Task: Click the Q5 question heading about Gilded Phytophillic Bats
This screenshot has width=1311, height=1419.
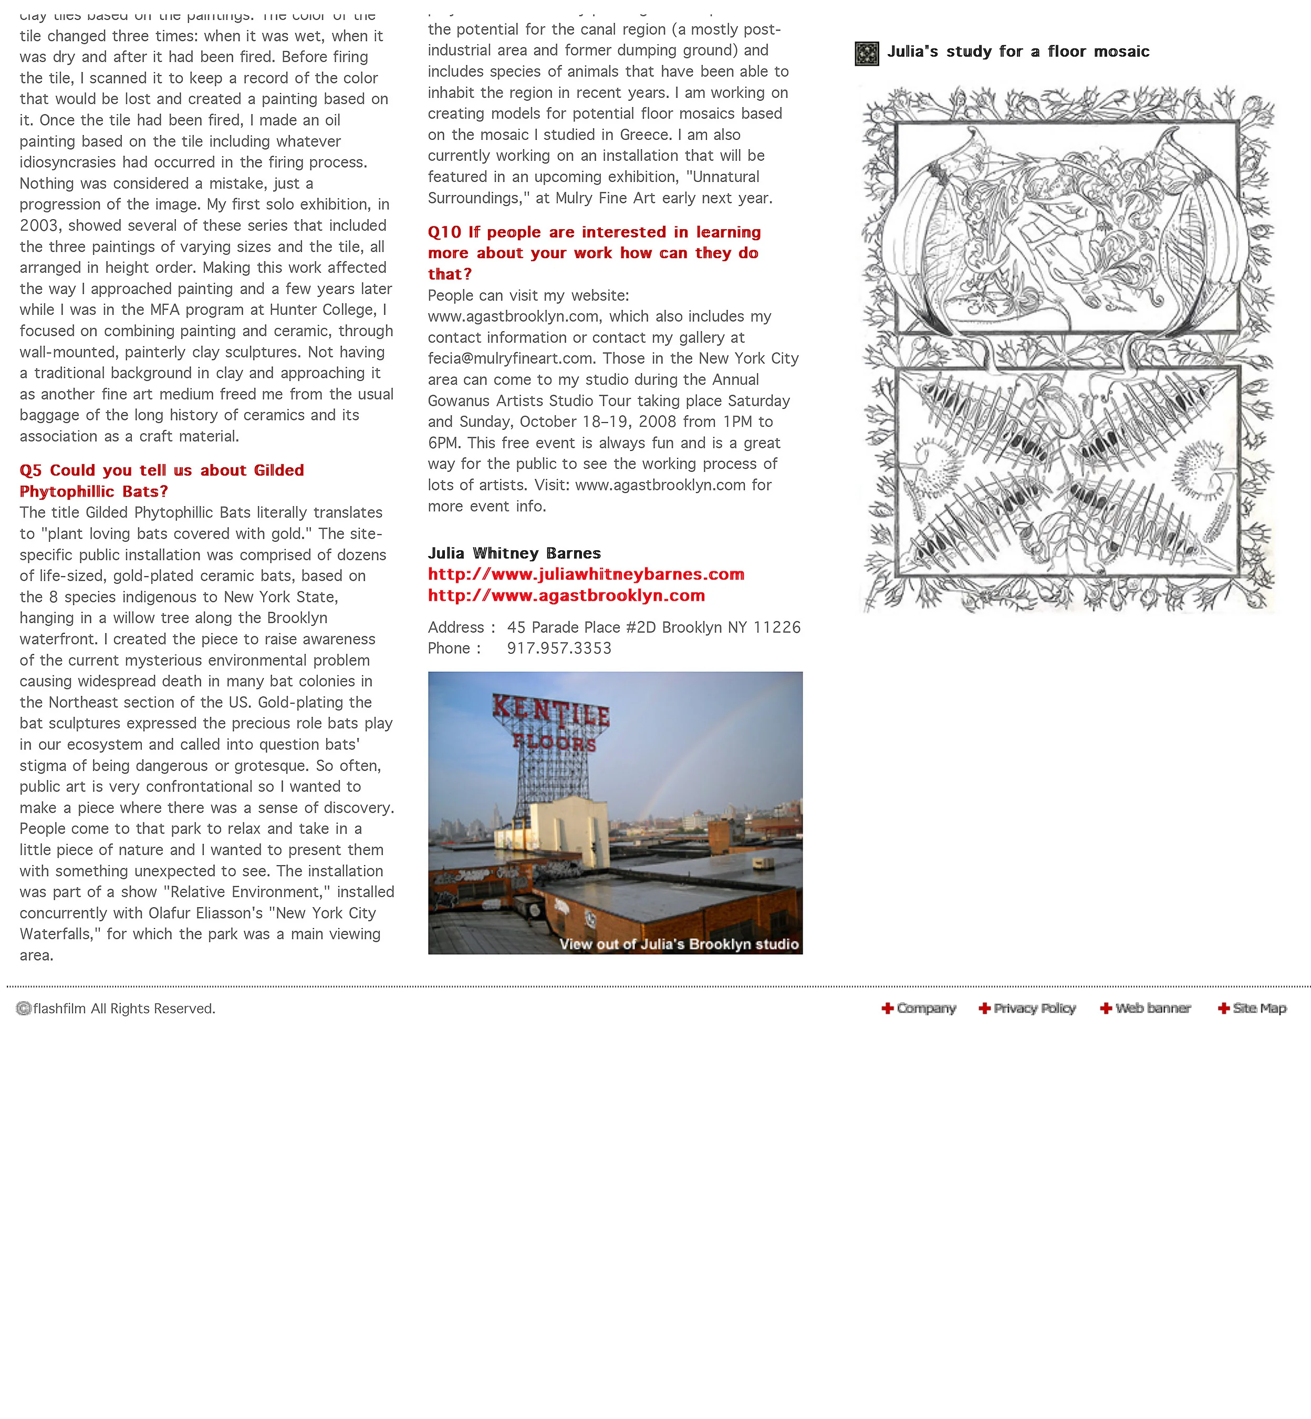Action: point(162,480)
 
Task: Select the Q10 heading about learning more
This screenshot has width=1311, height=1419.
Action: point(594,253)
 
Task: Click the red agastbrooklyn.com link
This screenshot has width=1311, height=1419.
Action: point(566,595)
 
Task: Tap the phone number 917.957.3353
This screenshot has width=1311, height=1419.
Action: point(559,648)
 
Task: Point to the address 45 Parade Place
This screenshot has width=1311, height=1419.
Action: point(653,627)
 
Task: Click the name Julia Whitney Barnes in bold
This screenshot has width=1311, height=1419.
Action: point(514,553)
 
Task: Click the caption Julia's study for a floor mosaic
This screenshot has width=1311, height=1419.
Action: point(1018,52)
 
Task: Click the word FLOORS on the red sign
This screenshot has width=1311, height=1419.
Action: point(555,743)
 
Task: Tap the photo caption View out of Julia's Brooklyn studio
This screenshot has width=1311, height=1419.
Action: point(679,944)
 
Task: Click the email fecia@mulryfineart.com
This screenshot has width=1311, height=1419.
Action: point(510,358)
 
